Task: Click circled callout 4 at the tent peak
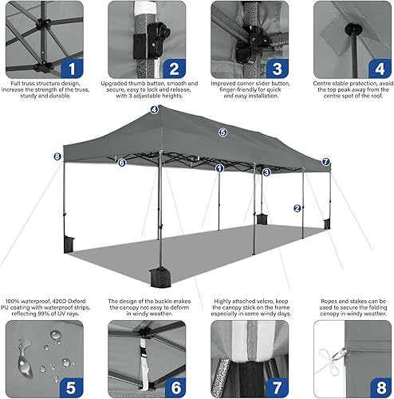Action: tap(153, 111)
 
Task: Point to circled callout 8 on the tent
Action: tap(57, 156)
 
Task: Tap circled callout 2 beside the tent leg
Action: tap(297, 208)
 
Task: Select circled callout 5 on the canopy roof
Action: tap(223, 132)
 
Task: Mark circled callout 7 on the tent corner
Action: tap(325, 162)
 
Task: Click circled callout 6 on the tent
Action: tap(122, 163)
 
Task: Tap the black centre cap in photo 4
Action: tap(349, 30)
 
